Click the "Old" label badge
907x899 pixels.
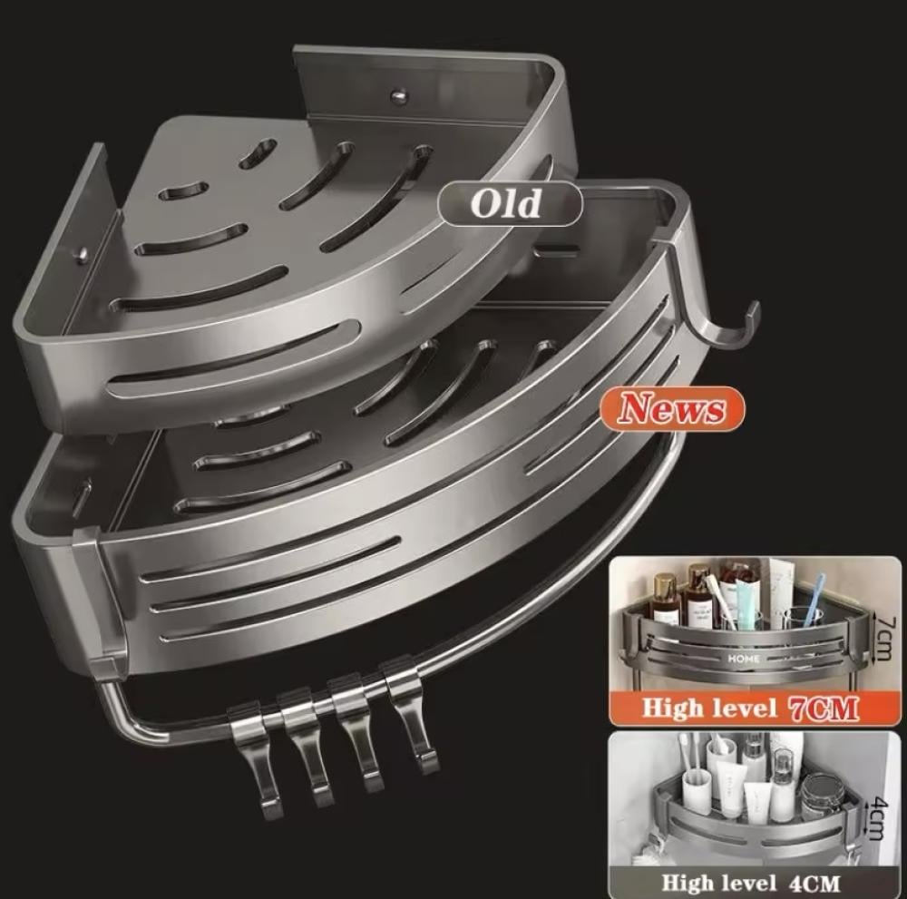tap(510, 203)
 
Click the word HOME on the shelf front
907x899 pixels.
tap(745, 659)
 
